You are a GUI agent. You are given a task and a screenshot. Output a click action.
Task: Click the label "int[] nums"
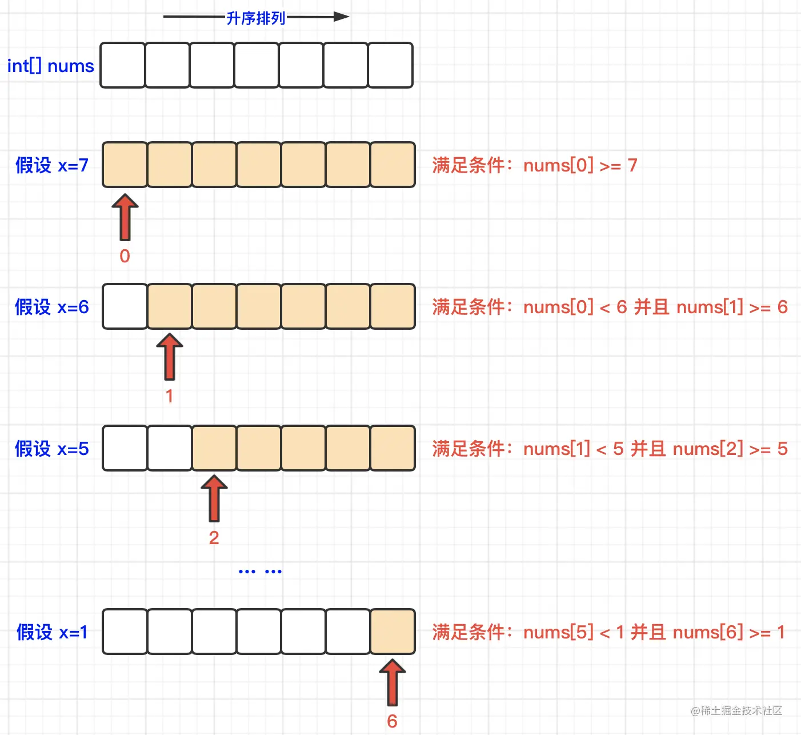(50, 66)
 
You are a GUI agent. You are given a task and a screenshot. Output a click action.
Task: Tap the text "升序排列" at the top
(255, 18)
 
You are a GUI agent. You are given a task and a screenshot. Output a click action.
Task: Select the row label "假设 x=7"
(51, 165)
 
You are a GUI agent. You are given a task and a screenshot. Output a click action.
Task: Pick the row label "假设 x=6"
(51, 307)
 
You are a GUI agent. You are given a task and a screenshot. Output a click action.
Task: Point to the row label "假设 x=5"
(51, 449)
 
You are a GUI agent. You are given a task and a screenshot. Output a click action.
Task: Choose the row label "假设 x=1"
(52, 632)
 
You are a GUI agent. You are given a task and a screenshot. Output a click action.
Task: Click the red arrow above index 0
(125, 217)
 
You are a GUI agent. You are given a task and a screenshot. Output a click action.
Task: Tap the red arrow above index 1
(170, 357)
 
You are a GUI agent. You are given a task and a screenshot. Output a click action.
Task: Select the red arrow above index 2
(214, 498)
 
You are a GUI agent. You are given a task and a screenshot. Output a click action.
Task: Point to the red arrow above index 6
(393, 682)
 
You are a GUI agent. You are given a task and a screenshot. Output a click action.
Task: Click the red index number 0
(125, 256)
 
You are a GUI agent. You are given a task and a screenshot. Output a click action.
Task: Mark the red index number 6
(392, 721)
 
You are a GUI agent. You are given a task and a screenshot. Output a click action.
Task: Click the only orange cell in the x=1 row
(393, 632)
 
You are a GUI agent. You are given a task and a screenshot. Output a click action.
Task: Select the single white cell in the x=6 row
(125, 306)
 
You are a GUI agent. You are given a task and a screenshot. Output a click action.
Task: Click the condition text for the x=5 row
(610, 449)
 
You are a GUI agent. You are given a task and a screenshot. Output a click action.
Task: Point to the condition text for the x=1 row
(608, 632)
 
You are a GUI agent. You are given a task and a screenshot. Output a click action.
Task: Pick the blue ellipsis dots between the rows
(260, 571)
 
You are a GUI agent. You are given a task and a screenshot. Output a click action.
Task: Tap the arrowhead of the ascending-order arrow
(341, 17)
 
